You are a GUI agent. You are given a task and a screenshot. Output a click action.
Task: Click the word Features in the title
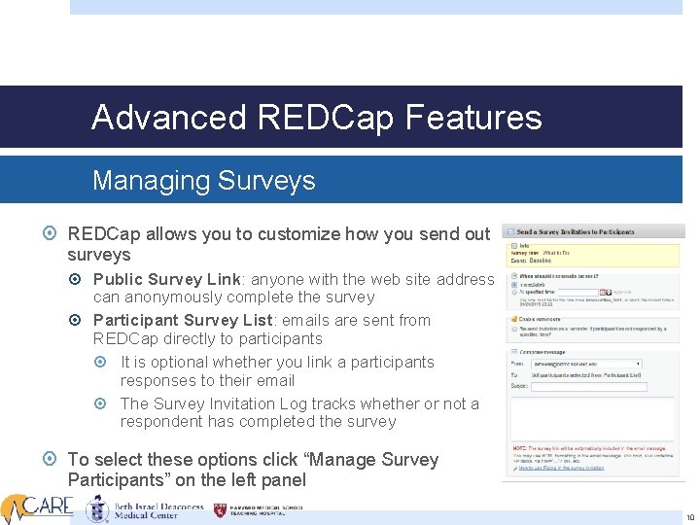473,118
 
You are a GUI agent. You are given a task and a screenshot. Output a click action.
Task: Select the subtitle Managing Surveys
203,181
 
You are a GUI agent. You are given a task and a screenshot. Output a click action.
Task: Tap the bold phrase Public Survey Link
166,279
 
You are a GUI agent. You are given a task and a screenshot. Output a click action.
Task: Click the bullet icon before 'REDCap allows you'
51,234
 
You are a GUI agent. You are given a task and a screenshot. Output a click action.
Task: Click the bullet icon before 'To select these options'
51,459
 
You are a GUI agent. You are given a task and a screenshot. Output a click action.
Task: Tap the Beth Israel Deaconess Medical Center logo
146,509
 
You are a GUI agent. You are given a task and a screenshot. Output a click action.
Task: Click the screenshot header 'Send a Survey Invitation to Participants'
577,232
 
